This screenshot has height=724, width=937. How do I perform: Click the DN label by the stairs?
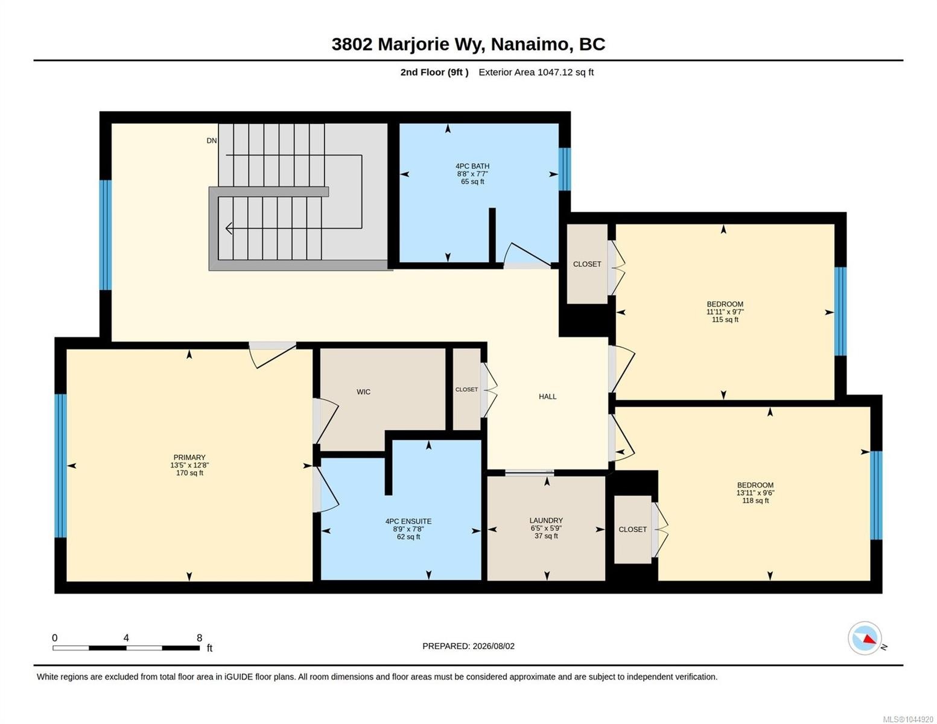coord(211,141)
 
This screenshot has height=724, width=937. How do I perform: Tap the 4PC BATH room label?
coord(472,166)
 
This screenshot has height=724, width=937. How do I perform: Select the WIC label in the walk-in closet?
coord(363,392)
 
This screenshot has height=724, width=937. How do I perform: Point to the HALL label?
coord(547,396)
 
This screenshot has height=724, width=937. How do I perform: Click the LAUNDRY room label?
coord(546,520)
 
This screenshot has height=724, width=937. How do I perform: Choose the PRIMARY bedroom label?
coord(189,457)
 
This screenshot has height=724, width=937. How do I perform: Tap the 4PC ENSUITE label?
coord(408,521)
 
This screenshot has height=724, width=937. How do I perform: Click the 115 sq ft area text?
coord(725,320)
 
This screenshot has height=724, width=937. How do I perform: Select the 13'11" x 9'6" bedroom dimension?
coord(755,492)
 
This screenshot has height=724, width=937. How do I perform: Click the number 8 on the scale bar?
coord(199,637)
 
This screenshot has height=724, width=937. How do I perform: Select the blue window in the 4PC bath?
coord(565,169)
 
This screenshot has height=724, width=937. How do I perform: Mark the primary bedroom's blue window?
coord(60,466)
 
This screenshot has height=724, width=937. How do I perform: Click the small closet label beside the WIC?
coord(466,389)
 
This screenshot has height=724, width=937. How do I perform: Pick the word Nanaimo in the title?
coord(530,44)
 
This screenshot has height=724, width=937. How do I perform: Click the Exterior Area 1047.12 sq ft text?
coord(536,72)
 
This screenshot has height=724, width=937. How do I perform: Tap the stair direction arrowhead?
coord(229,228)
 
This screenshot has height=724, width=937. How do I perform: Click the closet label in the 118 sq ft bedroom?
coord(632,529)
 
